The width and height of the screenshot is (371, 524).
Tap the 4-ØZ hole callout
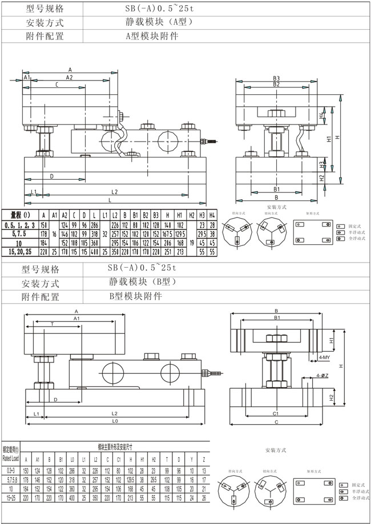point(322,376)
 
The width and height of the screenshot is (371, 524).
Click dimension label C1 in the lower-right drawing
point(276,413)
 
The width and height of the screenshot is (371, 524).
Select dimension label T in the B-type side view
point(53,323)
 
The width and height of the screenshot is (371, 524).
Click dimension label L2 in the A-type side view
point(114,192)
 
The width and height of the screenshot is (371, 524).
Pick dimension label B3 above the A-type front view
point(276,78)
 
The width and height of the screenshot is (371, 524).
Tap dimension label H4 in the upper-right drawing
point(322,115)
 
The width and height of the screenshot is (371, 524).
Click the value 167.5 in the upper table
point(167,234)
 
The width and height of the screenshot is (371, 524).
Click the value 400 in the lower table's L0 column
point(71,497)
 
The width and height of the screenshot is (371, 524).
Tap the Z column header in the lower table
point(204,459)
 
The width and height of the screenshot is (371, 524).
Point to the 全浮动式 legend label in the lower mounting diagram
point(354,498)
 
